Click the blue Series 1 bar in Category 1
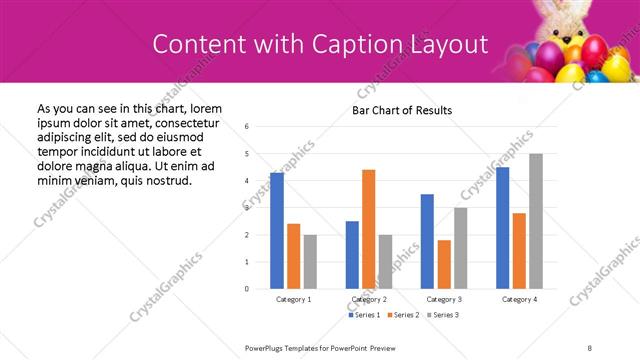tap(277, 231)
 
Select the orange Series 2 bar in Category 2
tap(368, 229)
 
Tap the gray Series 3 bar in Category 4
tap(536, 221)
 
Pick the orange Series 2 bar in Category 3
tap(444, 264)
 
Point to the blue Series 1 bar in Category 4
tap(502, 228)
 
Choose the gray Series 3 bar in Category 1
tap(310, 262)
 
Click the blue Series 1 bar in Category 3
tap(427, 241)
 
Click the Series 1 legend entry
tap(365, 316)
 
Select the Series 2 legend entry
tap(403, 316)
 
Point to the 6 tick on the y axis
tap(247, 127)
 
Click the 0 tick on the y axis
tap(247, 289)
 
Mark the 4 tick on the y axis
tap(247, 181)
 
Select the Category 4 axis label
tap(519, 299)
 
